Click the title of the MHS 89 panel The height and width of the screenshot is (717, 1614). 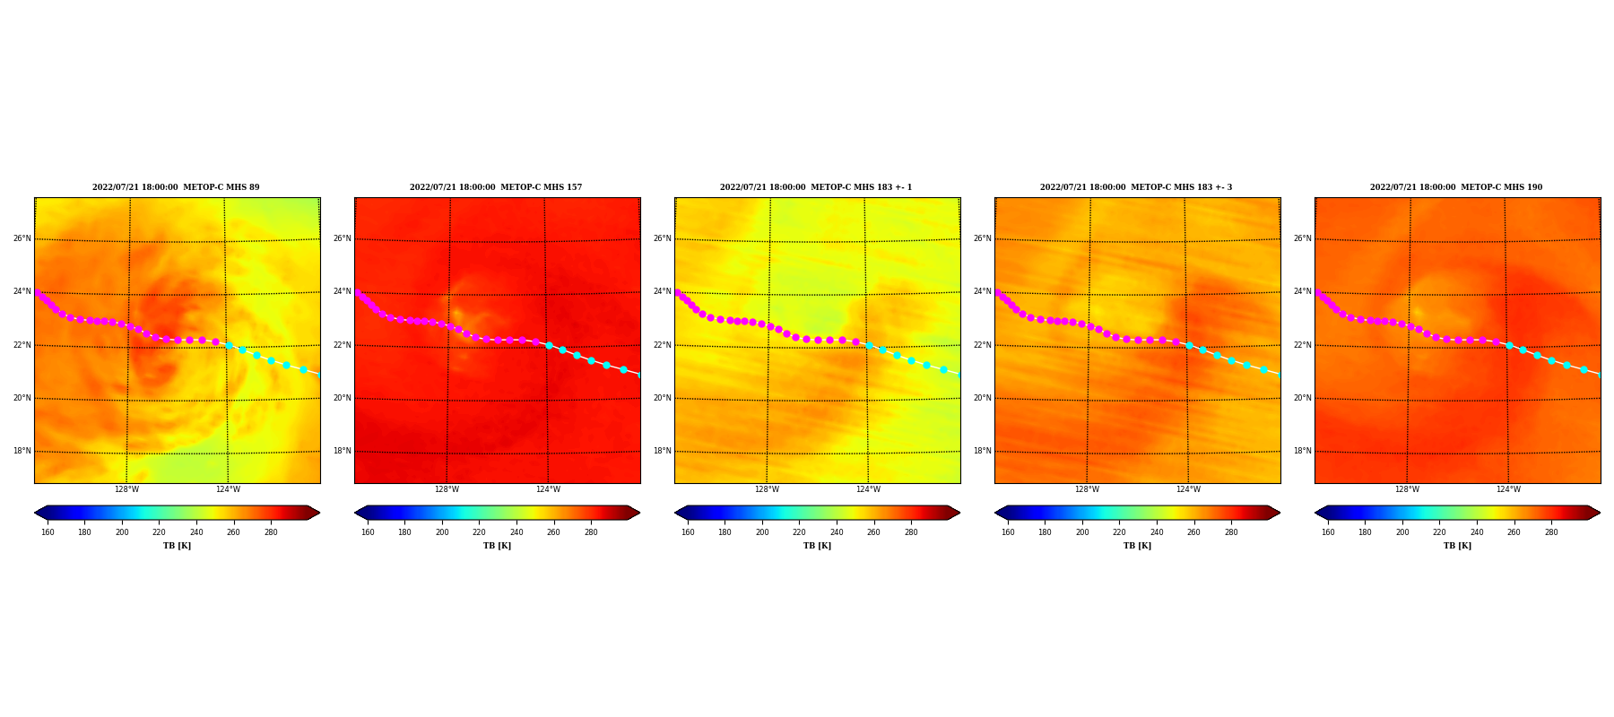176,187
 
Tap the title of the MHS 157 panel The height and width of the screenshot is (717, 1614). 496,187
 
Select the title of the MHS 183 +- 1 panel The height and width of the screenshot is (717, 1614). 816,187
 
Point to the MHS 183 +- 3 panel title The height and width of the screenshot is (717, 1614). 1136,187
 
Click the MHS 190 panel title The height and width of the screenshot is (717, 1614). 1456,187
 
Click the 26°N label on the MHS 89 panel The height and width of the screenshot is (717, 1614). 22,238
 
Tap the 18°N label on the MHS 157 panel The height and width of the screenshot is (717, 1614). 342,451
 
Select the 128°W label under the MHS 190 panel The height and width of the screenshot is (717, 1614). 1407,489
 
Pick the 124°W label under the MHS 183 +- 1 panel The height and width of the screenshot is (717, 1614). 868,489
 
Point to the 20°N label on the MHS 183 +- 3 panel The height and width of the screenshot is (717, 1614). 982,398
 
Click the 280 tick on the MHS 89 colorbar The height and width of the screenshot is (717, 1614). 271,532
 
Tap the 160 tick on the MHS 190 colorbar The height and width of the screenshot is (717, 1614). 1328,532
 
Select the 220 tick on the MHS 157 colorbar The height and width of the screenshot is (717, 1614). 479,532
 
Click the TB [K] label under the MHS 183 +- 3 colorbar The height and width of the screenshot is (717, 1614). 1137,546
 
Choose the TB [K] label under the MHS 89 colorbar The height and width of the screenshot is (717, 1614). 177,546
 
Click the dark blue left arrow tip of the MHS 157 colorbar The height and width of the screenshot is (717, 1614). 355,513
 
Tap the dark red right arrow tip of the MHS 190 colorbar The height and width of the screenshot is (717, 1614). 1600,513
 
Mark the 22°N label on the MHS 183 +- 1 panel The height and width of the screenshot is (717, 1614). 662,345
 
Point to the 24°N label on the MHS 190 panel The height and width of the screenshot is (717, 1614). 1302,291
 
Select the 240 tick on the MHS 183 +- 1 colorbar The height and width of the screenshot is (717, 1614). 837,532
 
